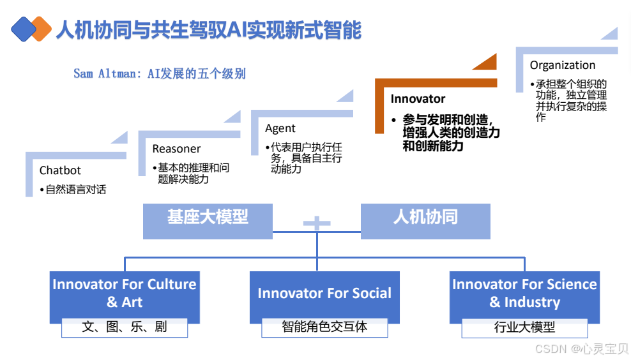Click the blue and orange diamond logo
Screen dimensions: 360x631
coord(31,29)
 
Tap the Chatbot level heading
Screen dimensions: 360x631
coord(60,170)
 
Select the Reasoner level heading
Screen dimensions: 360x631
coord(176,149)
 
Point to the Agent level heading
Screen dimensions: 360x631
coord(280,128)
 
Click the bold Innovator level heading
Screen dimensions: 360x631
coord(418,99)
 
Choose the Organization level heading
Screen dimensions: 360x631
coord(562,65)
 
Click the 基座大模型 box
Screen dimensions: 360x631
coord(208,218)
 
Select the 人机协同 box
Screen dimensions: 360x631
coord(425,218)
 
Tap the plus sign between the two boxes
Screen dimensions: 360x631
coord(317,223)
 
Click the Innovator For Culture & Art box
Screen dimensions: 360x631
coord(124,294)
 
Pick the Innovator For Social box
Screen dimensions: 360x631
coord(324,294)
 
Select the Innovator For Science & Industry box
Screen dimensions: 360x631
coord(524,294)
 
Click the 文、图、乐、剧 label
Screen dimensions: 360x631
coord(125,327)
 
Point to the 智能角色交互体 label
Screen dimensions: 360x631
coord(324,327)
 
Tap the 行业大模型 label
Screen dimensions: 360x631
coord(524,327)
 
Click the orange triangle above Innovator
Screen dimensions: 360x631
coord(485,63)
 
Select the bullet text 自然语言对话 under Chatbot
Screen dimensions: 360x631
coord(75,190)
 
